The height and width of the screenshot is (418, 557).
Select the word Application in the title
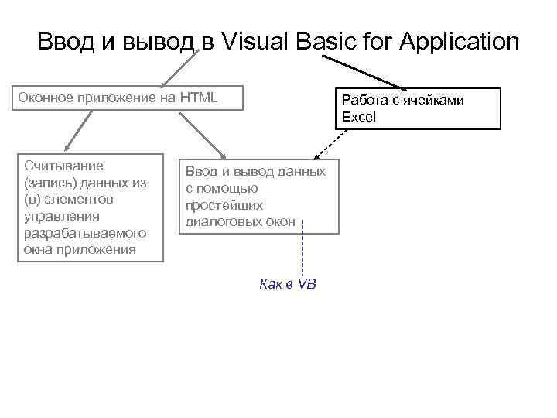[459, 41]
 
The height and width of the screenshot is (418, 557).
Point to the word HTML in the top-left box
[199, 98]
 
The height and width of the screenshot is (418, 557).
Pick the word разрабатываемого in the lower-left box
[85, 233]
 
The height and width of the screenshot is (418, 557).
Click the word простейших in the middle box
[224, 205]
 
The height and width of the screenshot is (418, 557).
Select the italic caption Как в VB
[288, 284]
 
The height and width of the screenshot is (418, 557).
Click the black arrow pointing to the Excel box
[364, 71]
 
